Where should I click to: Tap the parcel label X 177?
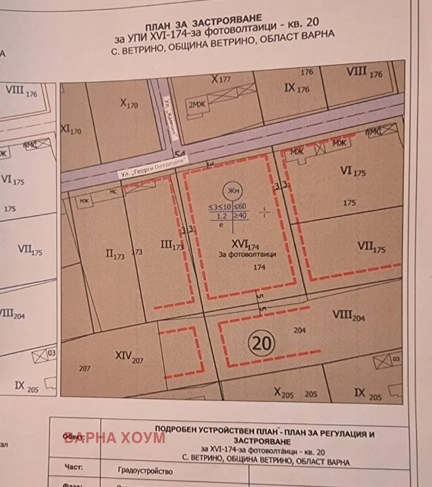click(x=220, y=79)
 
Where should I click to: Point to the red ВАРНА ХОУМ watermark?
click(x=115, y=438)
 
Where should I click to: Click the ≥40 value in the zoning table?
click(x=240, y=214)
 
